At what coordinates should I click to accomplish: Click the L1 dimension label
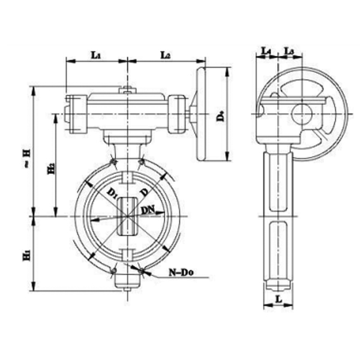95,55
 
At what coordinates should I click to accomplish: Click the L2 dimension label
166,55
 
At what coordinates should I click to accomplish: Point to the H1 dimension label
26,255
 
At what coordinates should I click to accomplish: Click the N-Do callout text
179,271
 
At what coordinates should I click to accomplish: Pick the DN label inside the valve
148,210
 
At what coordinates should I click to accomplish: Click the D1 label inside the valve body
112,192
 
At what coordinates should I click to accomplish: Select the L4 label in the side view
266,52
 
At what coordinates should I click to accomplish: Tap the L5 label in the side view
289,52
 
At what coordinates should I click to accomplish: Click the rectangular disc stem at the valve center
128,216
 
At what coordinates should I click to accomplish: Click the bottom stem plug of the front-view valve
127,281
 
